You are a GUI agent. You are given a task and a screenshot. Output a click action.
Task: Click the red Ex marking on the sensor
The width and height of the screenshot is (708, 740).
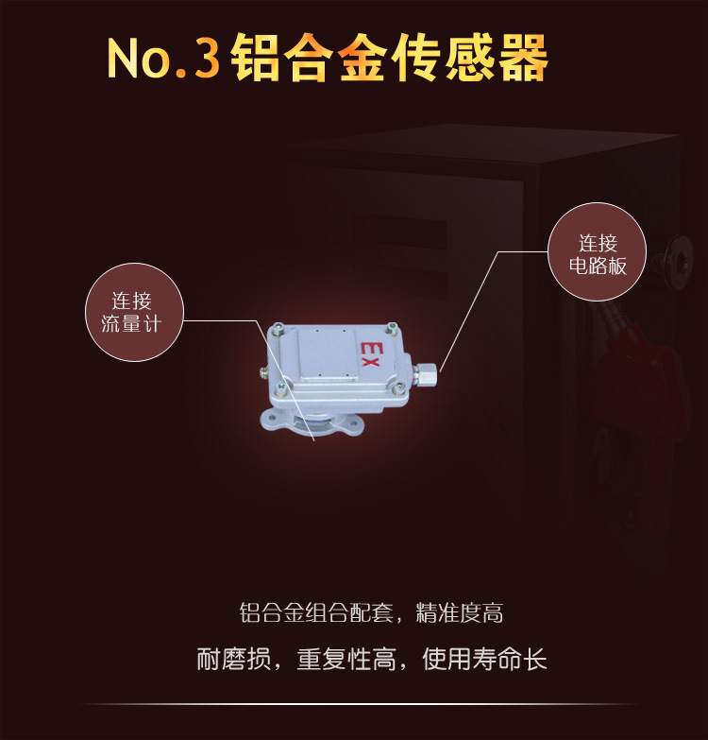[x=370, y=354]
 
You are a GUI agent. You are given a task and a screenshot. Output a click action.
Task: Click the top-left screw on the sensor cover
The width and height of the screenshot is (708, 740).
[x=278, y=329]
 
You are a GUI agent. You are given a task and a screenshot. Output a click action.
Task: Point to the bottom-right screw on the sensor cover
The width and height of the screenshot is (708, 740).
[x=399, y=388]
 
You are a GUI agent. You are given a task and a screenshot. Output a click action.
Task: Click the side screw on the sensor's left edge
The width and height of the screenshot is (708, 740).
[x=263, y=371]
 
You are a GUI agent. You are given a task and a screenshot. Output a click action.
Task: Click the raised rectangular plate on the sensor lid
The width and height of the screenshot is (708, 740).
[x=328, y=354]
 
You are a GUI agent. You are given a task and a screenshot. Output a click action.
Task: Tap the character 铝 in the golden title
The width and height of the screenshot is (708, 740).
[x=255, y=58]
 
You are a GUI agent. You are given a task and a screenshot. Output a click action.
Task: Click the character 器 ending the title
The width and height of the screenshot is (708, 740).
[x=523, y=58]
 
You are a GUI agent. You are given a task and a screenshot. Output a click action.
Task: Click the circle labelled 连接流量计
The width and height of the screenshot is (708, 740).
[x=134, y=313]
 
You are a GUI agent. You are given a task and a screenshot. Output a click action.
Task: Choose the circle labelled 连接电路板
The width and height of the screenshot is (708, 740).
[x=598, y=252]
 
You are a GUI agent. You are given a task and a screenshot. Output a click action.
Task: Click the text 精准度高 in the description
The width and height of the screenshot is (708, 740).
[x=459, y=612]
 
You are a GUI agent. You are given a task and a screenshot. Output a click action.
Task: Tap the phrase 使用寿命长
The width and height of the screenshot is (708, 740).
[x=484, y=659]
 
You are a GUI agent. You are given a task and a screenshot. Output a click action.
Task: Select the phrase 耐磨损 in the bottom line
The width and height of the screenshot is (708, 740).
[x=234, y=659]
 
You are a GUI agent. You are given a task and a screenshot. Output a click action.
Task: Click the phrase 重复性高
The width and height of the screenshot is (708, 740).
[x=346, y=659]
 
